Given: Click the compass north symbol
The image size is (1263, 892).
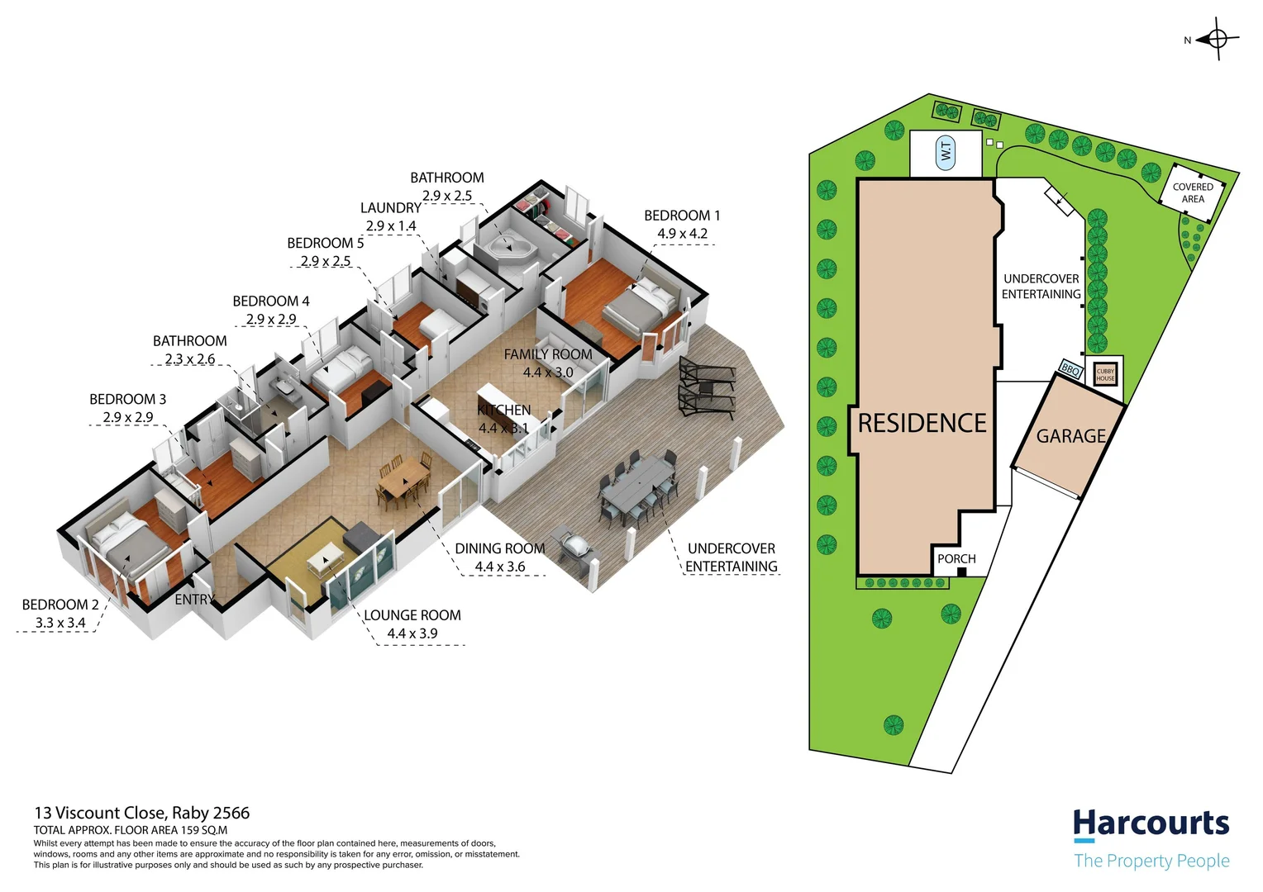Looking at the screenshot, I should click(1218, 39).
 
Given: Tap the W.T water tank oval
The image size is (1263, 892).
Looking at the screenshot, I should click(946, 153).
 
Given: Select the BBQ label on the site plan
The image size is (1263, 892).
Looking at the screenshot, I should click(1070, 370).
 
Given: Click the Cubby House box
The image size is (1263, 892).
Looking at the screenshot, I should click(1105, 374).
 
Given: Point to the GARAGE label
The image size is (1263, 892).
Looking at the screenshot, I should click(1070, 436).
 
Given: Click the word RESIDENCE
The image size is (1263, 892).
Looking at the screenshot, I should click(922, 424).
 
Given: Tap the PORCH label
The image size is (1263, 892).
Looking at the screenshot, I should click(956, 559).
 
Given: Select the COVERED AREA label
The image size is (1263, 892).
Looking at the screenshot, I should click(1193, 192).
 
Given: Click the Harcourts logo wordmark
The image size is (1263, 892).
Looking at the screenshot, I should click(1151, 824).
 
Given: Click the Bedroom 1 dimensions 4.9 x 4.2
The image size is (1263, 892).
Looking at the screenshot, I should click(682, 234).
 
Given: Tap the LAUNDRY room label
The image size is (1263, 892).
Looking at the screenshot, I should click(390, 208).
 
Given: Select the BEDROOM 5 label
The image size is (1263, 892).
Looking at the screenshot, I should click(325, 243).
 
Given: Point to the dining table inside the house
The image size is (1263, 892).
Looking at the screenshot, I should click(404, 479).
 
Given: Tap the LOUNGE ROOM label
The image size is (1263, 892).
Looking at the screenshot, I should click(412, 615).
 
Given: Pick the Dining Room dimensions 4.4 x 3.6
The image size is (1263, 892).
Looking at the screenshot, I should click(499, 567).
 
